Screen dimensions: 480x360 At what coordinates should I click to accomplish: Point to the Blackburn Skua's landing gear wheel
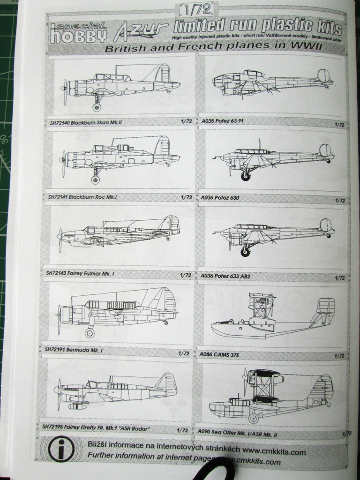[x=97, y=107]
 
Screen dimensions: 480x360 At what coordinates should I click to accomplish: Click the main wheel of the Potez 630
[x=245, y=176]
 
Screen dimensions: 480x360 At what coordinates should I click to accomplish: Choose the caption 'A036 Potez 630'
[x=220, y=198]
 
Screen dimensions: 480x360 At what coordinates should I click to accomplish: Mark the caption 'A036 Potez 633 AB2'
[x=225, y=277]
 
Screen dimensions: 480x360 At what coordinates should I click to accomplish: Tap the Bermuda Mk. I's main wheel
[x=89, y=333]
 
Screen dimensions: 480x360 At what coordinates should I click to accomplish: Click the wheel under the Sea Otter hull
[x=254, y=418]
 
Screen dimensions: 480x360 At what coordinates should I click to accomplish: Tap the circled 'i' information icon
[x=61, y=450]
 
